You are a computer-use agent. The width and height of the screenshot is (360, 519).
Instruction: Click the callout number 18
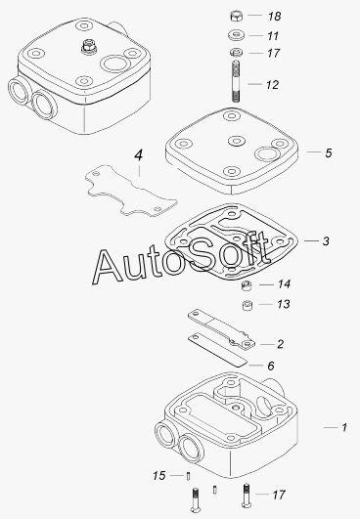coord(275,17)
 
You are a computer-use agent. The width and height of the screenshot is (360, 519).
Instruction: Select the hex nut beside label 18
coord(236,16)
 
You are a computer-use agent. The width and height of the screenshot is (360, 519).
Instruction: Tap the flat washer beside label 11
coord(236,35)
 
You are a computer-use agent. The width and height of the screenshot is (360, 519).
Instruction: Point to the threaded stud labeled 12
coord(236,81)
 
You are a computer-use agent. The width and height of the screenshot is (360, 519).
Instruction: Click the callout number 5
coord(328,152)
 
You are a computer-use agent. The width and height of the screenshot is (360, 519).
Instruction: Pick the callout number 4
coord(139,154)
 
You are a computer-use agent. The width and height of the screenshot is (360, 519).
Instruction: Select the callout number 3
coord(326,241)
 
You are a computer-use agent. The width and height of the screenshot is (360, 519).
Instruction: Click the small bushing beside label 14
coord(247,285)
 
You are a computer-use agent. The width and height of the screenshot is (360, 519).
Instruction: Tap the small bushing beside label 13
coord(247,305)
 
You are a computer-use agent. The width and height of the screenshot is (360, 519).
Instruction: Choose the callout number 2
coord(280,344)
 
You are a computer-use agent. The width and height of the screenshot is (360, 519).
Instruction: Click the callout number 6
coord(271,366)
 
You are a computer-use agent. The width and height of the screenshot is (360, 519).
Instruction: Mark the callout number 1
coord(344,428)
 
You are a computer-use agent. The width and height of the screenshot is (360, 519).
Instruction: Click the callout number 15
coord(159,476)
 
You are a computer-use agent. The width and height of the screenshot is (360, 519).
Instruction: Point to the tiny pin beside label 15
coord(188,476)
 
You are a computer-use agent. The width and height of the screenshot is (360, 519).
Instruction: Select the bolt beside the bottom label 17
coord(247,496)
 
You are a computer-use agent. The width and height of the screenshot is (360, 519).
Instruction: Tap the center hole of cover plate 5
coord(236,141)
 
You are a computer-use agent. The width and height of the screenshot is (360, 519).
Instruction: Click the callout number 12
coord(272,85)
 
